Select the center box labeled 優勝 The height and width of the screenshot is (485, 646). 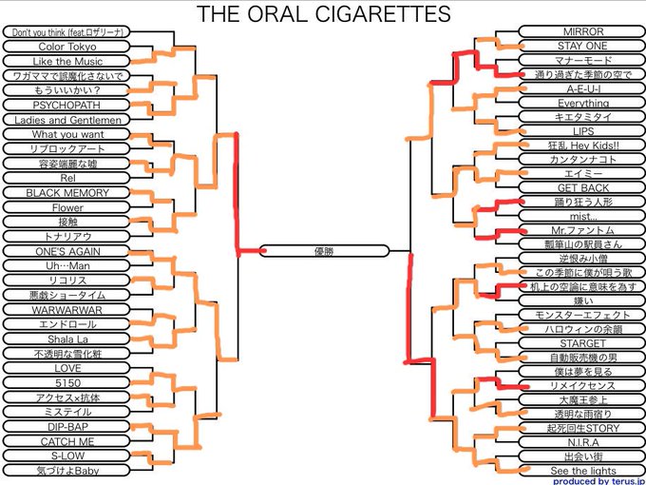323,251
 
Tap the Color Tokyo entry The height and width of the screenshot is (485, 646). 66,46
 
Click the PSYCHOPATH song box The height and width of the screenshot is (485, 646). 66,105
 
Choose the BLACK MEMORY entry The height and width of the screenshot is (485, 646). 66,193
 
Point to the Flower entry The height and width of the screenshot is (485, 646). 66,207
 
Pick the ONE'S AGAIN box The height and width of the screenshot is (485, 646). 66,251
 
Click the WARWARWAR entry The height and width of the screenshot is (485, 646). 66,310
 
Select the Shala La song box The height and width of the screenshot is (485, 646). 66,339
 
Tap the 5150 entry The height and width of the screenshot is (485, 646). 66,382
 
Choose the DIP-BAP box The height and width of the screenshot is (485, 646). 66,427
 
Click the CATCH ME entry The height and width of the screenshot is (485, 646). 66,441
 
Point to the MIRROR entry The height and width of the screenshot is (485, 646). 582,31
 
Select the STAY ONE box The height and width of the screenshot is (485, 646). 582,46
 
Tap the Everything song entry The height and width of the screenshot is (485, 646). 582,103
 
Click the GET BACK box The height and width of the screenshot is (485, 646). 582,188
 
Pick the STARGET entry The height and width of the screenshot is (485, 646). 582,343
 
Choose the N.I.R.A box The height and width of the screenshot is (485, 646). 582,443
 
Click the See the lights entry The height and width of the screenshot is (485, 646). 582,471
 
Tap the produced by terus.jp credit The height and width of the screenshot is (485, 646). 598,481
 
